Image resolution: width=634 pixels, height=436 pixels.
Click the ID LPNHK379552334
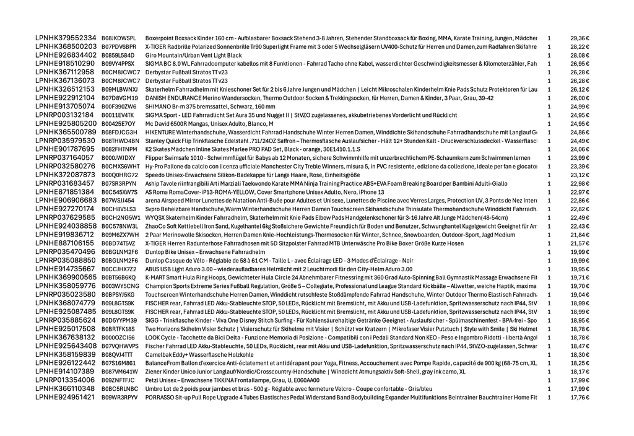[x=66, y=38]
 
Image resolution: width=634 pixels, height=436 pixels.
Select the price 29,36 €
[x=580, y=38]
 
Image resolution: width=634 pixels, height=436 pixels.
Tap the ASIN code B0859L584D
[x=118, y=55]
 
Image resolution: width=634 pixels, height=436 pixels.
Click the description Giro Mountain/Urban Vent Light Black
[x=193, y=55]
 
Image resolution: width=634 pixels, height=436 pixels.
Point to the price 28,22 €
[x=580, y=46]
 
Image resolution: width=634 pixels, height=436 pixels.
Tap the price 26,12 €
[x=580, y=89]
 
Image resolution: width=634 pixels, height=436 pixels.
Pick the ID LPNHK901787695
[x=65, y=149]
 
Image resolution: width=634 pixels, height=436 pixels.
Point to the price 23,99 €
[x=580, y=158]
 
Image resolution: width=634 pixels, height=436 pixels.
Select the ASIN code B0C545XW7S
[x=119, y=192]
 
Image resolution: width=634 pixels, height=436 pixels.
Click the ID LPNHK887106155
[x=65, y=243]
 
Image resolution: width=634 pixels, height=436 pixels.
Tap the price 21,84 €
[x=580, y=235]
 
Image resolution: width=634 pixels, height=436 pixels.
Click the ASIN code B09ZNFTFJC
[x=118, y=380]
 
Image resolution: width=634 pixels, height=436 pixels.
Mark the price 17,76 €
[x=580, y=397]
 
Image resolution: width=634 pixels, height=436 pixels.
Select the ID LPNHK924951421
[x=65, y=397]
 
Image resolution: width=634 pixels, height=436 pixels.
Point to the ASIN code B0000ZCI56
[x=118, y=338]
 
